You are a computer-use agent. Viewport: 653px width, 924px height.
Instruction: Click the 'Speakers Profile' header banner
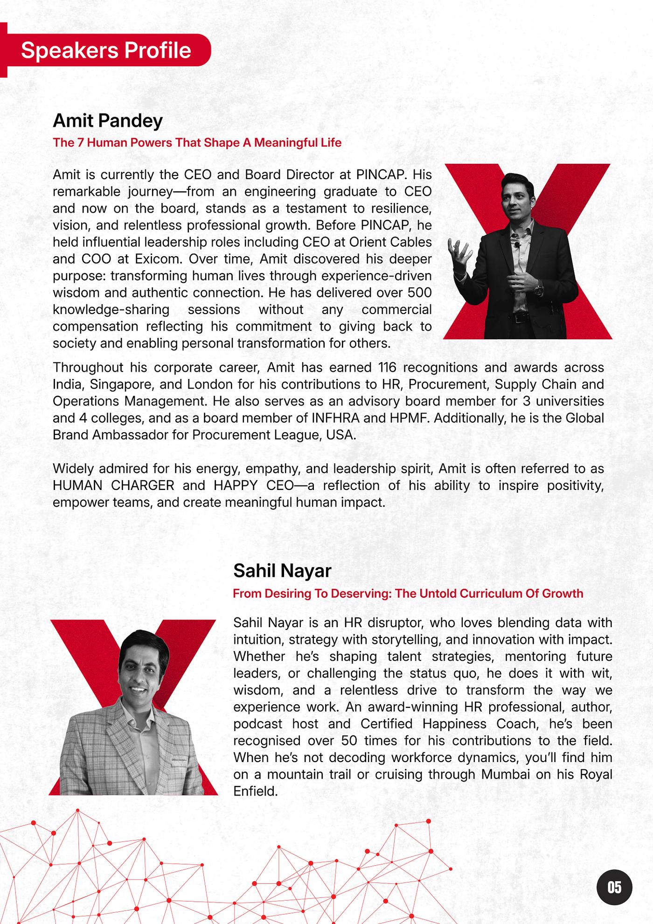(x=106, y=50)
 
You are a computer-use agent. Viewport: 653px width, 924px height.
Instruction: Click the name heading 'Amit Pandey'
(x=108, y=120)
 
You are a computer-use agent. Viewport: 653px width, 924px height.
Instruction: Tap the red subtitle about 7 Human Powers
(x=197, y=142)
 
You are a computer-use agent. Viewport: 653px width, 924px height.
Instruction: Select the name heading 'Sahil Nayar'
(x=282, y=570)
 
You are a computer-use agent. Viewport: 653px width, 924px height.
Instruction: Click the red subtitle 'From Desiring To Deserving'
(x=408, y=594)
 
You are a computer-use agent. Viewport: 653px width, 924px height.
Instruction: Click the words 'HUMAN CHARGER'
(x=113, y=485)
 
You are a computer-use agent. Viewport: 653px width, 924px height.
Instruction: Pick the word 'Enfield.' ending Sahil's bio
(x=255, y=791)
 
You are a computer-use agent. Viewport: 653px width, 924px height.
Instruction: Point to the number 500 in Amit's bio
(x=419, y=293)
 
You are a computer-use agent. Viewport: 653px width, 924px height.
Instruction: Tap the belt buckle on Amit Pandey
(x=519, y=318)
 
